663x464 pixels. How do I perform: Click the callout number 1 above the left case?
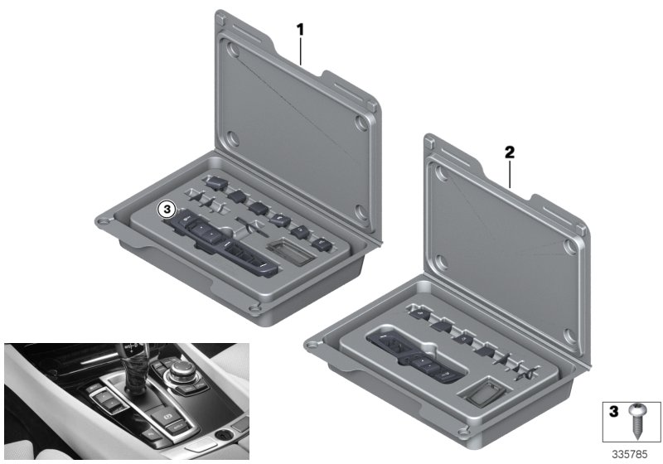tap(301, 29)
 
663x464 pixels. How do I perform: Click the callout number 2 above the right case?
tap(510, 152)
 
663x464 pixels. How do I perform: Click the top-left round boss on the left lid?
tap(233, 51)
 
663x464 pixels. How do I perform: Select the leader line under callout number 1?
tap(302, 50)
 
